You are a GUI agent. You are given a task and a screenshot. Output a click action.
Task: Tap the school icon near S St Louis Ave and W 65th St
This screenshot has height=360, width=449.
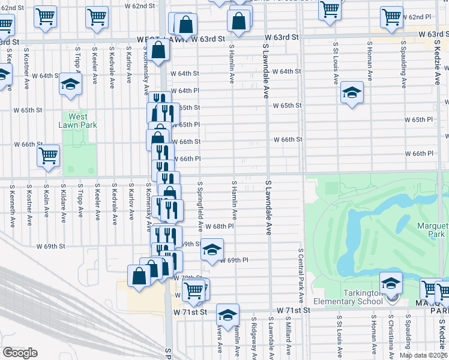pos(352,92)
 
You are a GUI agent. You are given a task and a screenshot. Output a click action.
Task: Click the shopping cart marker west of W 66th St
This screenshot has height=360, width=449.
pos(48,156)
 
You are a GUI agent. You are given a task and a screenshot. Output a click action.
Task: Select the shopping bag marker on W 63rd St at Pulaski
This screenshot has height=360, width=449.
pos(159,51)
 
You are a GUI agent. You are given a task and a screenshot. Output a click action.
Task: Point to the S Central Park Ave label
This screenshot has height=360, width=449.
pos(300,273)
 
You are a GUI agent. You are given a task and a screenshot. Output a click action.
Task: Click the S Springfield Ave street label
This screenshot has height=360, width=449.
pos(200,207)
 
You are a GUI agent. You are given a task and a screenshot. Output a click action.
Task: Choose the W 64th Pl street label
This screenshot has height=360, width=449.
pos(184,91)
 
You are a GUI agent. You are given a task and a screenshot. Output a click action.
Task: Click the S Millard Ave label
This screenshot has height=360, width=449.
pos(288,339)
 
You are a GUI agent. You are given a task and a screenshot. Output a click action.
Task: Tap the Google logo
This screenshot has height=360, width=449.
pos(20,353)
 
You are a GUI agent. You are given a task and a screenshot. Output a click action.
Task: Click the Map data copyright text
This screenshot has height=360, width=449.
pos(423,355)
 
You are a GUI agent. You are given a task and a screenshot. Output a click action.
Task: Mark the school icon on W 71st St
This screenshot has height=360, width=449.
pos(228,314)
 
